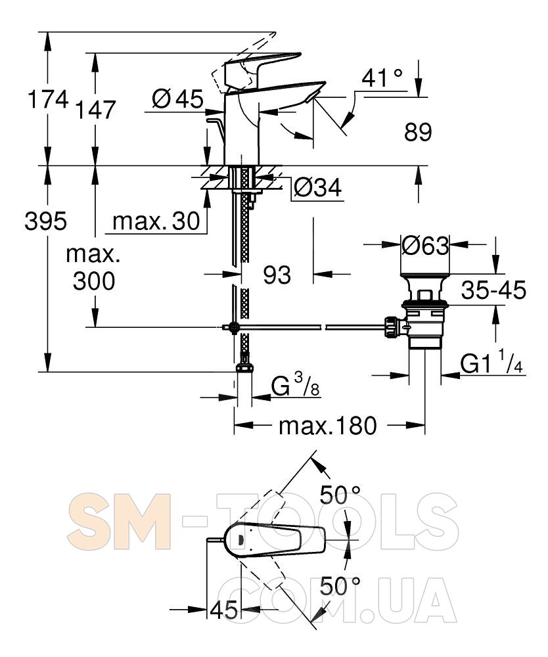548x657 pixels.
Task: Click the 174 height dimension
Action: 48,100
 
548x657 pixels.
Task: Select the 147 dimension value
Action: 95,110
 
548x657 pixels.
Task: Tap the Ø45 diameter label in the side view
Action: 177,99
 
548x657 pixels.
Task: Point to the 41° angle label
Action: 382,78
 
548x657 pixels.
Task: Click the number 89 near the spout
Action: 418,132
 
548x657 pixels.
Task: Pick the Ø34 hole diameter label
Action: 317,187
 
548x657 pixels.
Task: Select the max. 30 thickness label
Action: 156,221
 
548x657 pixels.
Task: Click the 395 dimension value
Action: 46,221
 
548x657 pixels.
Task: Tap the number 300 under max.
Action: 94,281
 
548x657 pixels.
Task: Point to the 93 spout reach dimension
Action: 277,275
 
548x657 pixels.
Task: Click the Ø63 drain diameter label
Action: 425,245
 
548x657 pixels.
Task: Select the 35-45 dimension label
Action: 493,290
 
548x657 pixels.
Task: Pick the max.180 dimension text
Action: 328,426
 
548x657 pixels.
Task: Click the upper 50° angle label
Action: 340,495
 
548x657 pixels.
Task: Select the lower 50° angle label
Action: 340,586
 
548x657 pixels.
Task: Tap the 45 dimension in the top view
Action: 223,610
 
